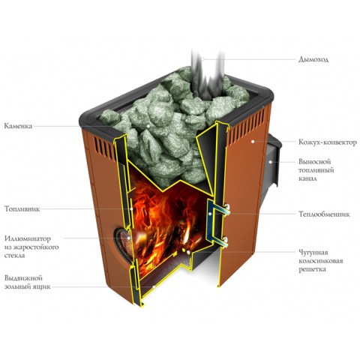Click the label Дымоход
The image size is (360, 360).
[313, 59]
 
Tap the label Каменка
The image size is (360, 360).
[18, 126]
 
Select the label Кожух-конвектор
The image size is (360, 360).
[328, 142]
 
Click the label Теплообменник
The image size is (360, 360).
[324, 214]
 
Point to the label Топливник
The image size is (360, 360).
[22, 209]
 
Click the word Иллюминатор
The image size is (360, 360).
[28, 238]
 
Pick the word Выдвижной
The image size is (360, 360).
[23, 278]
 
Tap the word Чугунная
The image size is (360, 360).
[313, 252]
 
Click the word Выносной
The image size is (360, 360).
[315, 161]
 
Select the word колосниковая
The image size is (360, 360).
[321, 261]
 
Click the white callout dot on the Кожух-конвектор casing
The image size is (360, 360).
[253, 142]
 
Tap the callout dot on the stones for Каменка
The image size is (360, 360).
[148, 126]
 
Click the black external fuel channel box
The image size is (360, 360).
[272, 163]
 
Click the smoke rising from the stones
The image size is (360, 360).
[207, 75]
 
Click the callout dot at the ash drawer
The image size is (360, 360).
[154, 286]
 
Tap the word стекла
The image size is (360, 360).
[15, 256]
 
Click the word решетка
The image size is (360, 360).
[313, 269]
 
